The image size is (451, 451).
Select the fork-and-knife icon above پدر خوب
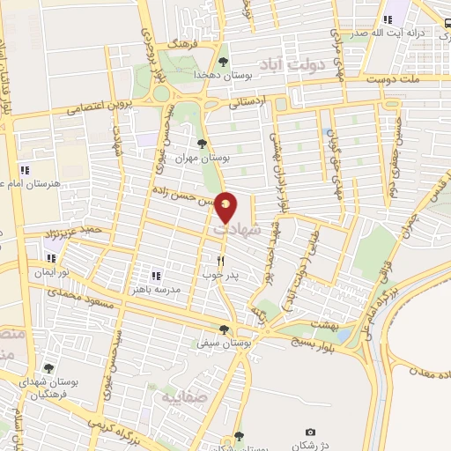(x=221, y=261)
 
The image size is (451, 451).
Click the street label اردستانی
(x=248, y=104)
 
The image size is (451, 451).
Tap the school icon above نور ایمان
(x=51, y=258)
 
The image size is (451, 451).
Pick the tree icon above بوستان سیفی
(x=224, y=329)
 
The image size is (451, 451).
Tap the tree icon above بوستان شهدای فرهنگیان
(x=48, y=368)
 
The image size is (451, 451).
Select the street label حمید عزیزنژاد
(x=75, y=233)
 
